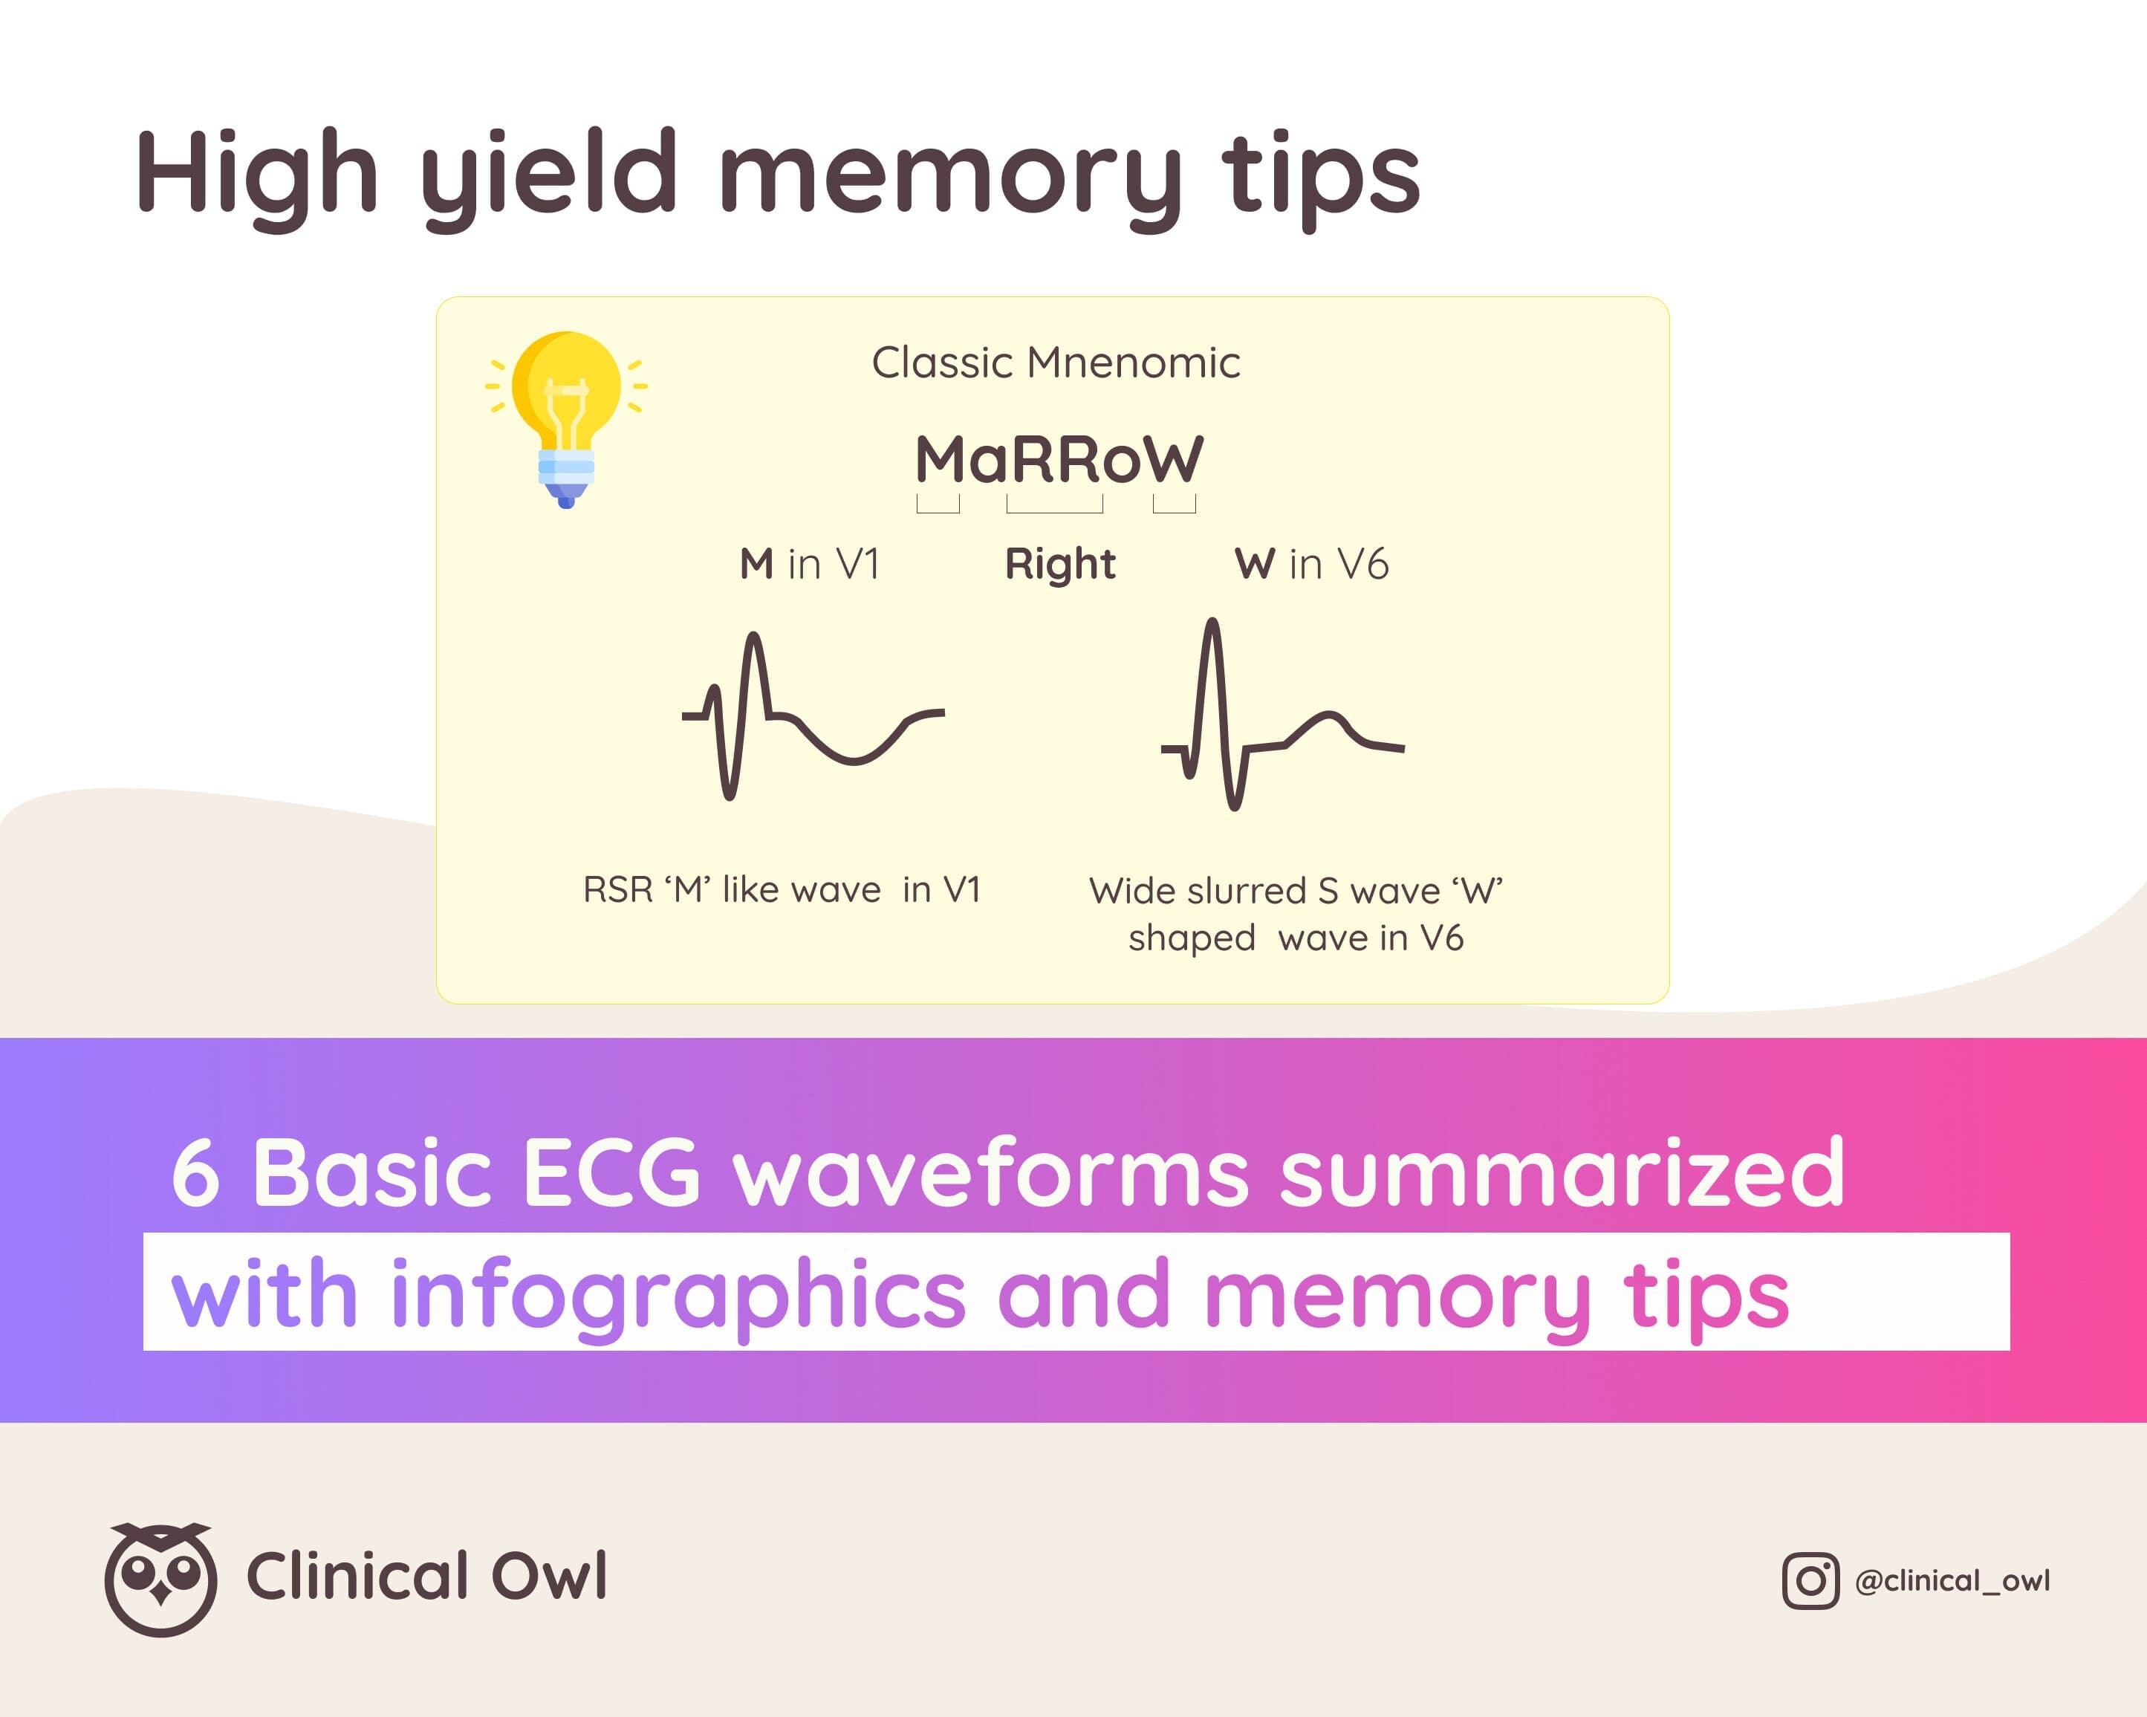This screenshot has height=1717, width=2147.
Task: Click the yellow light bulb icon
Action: click(x=565, y=418)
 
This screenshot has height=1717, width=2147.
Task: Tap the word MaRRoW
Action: click(x=1059, y=459)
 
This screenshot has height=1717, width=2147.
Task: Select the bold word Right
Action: click(x=1059, y=565)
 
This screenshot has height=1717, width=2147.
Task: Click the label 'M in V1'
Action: click(x=810, y=564)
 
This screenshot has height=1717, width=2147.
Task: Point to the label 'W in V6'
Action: click(x=1311, y=564)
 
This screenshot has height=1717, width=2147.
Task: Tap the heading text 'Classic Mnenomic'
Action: click(x=1056, y=363)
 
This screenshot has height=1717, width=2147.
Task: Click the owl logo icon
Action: click(x=160, y=1579)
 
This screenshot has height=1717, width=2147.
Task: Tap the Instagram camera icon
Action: click(x=1810, y=1580)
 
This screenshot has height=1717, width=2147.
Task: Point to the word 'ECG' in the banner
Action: click(x=611, y=1172)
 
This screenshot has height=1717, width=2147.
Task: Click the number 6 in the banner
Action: click(x=195, y=1173)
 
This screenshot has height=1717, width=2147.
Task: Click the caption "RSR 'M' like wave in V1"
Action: click(x=782, y=889)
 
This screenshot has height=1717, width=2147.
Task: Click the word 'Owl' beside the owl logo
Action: click(x=550, y=1577)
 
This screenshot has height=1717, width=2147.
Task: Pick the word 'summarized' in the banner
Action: click(x=1562, y=1172)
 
